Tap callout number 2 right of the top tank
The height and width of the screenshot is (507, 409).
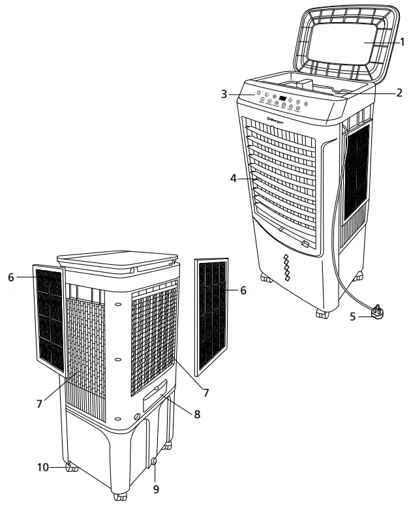click(x=398, y=93)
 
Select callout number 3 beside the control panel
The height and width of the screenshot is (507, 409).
click(x=224, y=95)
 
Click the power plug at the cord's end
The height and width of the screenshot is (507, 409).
click(x=377, y=313)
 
